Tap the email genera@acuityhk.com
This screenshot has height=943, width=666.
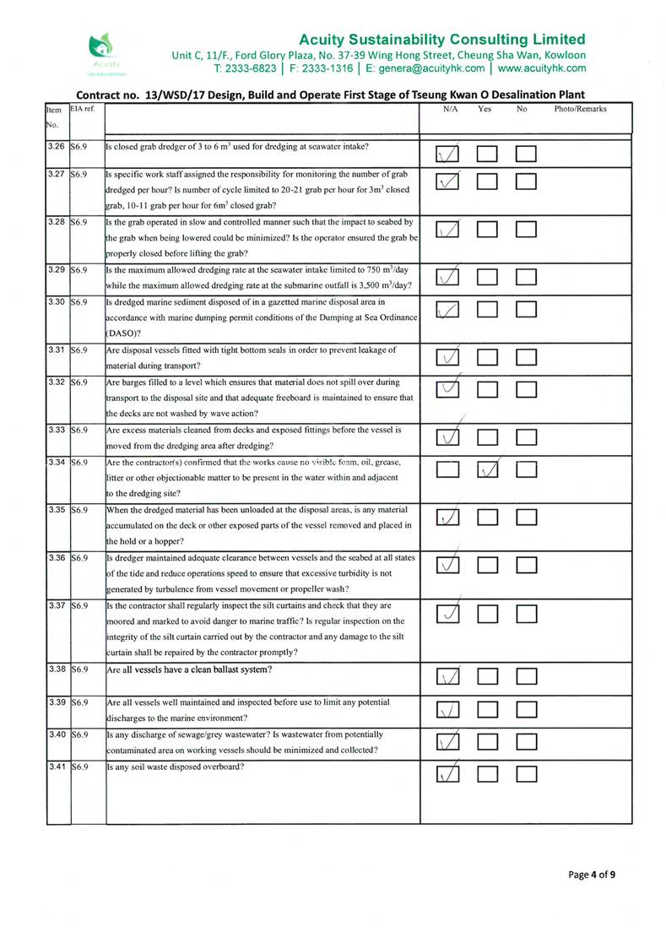click(430, 68)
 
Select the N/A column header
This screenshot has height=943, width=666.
click(450, 110)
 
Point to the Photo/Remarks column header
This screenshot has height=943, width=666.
click(580, 110)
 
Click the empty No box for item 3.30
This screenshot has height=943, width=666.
click(527, 312)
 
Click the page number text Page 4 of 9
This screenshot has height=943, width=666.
click(591, 875)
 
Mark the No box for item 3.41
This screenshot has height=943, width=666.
click(527, 772)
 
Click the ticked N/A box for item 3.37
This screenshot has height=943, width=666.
click(450, 615)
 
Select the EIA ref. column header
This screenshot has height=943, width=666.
click(83, 110)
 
